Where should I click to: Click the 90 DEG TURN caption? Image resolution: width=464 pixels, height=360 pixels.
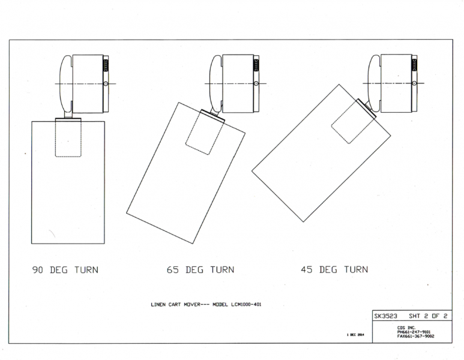pos(65,270)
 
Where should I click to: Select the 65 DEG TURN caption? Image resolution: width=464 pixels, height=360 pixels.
pos(200,269)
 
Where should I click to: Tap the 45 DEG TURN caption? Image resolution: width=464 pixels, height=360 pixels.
pos(334,269)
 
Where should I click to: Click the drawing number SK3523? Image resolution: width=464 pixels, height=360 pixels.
pos(385,316)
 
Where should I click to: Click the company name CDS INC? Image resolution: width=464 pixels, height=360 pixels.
pos(406,328)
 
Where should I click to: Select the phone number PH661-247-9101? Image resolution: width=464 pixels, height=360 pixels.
pos(414,332)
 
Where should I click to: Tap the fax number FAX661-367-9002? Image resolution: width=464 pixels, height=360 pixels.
pos(415,336)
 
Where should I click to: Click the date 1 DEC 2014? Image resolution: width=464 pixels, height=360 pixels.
pos(355,335)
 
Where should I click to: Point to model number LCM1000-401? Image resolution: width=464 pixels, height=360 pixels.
pos(246,304)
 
